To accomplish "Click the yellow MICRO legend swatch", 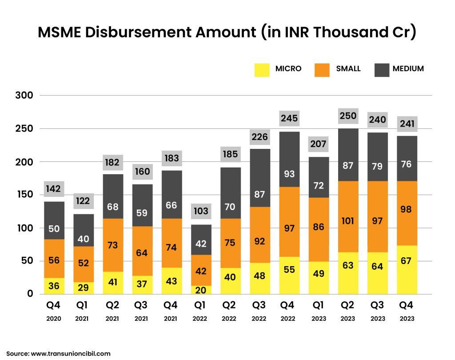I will click(x=262, y=70).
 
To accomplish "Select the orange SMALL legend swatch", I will click(x=322, y=70).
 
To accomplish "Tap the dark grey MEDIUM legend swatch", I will click(x=382, y=70).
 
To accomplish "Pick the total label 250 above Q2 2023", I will click(x=348, y=116).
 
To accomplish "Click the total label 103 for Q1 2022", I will click(x=201, y=211).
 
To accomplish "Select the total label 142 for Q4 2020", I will click(x=54, y=188).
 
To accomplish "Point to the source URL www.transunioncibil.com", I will click(x=70, y=354).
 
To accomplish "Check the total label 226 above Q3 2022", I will click(x=259, y=136).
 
